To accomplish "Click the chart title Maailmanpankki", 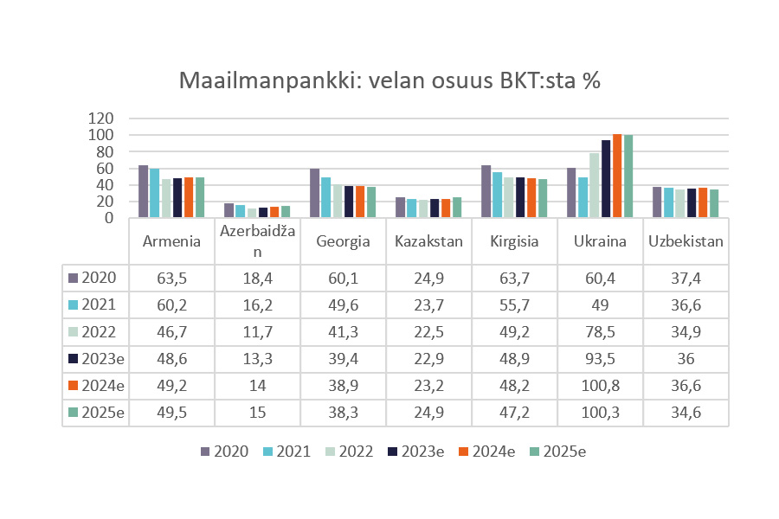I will pos(389,81).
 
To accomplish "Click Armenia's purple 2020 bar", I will pos(143,191).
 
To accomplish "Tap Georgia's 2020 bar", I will pos(315,193).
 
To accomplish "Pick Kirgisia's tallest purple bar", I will pos(486,191).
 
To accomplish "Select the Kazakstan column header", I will pos(428,241).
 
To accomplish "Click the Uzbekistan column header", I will pos(686,241).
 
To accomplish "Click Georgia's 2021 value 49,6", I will pos(342,304).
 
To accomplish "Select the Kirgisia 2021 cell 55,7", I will pos(513,304).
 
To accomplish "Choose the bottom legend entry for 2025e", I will pos(558,451).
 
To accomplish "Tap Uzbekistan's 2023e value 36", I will pos(686,358).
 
